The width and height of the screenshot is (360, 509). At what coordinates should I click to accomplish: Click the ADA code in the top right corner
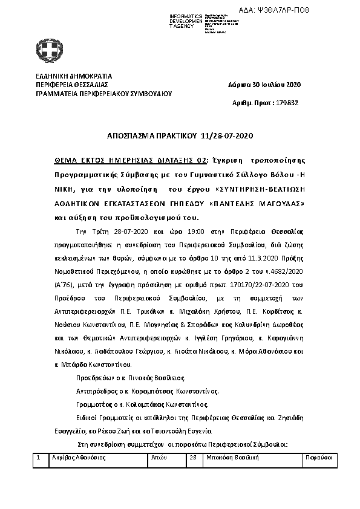click(326, 10)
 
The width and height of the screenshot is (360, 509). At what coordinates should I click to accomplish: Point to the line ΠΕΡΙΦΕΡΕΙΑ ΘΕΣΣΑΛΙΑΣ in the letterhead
click(72, 85)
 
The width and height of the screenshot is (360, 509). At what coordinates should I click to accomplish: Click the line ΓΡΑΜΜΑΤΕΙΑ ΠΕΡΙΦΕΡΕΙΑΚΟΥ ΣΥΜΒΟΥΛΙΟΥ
click(104, 94)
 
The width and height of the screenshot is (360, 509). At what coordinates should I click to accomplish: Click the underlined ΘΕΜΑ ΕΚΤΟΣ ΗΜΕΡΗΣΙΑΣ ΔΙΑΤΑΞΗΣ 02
click(131, 160)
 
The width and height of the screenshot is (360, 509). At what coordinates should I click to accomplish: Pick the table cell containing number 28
click(194, 458)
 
